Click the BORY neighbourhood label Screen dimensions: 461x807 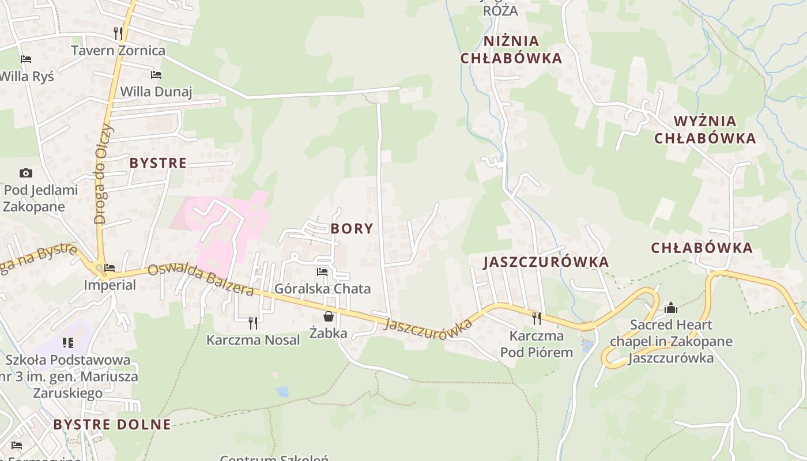pyautogui.click(x=352, y=229)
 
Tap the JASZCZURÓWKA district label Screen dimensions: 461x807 pyautogui.click(x=546, y=262)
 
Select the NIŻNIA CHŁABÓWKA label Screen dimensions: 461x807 pyautogui.click(x=511, y=50)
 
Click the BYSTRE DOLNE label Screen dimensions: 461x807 pyautogui.click(x=112, y=425)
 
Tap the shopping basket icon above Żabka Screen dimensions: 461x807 pyautogui.click(x=328, y=316)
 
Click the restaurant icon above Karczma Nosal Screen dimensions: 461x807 pyautogui.click(x=252, y=323)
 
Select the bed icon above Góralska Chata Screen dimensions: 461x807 pyautogui.click(x=322, y=271)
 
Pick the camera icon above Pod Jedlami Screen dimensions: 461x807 pyautogui.click(x=25, y=173)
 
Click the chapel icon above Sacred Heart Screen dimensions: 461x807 pyautogui.click(x=670, y=308)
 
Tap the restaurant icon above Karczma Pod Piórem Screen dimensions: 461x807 pyautogui.click(x=536, y=318)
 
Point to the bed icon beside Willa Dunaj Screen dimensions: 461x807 pyautogui.click(x=156, y=74)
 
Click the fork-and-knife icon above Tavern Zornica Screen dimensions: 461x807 pyautogui.click(x=118, y=33)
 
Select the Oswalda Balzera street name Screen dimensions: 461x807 pyautogui.click(x=200, y=280)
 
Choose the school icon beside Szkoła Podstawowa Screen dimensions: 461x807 pyautogui.click(x=68, y=343)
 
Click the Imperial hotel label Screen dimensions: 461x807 pyautogui.click(x=110, y=285)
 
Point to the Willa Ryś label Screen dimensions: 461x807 pyautogui.click(x=27, y=76)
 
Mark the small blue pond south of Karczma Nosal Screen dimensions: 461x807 pyautogui.click(x=282, y=392)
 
